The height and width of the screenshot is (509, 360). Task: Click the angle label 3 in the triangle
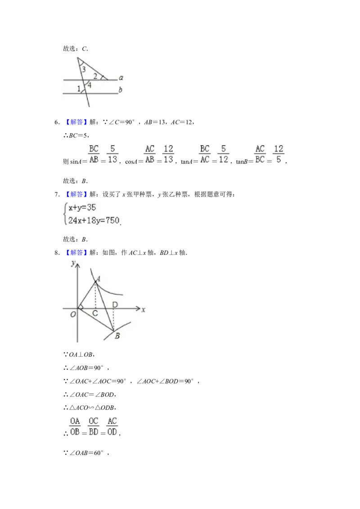[x=84, y=69]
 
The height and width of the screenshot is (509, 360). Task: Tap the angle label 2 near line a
[x=95, y=76]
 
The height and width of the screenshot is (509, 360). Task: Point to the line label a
[x=121, y=78]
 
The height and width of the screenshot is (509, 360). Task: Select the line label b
[x=120, y=89]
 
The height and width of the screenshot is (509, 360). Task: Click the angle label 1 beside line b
[x=79, y=88]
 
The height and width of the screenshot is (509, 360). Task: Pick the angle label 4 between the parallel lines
[x=90, y=85]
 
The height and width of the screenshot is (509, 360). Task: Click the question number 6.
[x=57, y=122]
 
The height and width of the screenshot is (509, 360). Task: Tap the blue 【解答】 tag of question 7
[x=76, y=194]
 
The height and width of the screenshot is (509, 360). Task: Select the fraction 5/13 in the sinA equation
[x=112, y=154]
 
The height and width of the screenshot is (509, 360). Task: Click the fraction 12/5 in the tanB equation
[x=279, y=154]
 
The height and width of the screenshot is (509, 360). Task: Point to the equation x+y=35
[x=82, y=207]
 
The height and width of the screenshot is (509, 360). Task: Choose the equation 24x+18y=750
[x=94, y=220]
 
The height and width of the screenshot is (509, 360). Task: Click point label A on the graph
[x=98, y=278]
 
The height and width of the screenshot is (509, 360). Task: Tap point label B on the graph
[x=117, y=336]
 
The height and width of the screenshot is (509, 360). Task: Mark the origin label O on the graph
[x=73, y=314]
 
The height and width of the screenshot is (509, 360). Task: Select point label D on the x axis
[x=115, y=304]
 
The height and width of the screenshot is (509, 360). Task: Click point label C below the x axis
[x=95, y=313]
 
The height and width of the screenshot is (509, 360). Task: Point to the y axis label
[x=73, y=263]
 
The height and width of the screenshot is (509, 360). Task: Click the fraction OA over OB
[x=75, y=427]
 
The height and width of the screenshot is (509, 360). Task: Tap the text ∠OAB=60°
[x=86, y=453]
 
